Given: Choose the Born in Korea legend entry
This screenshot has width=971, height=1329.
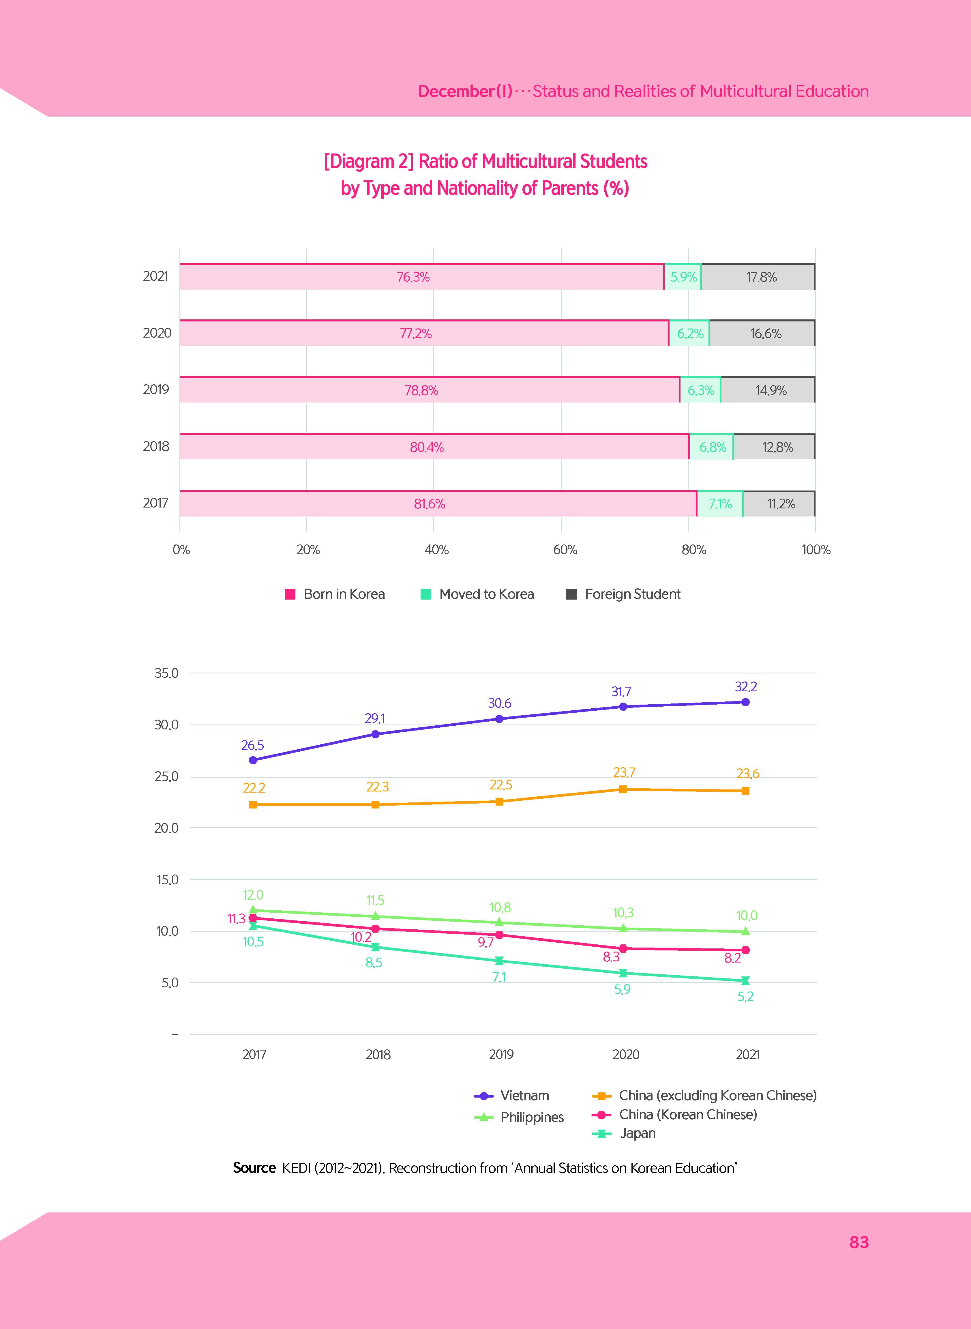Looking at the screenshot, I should pos(335,594).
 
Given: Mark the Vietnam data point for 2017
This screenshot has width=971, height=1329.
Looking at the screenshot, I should pos(253,760).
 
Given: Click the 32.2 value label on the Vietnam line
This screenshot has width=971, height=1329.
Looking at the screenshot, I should pos(745,686).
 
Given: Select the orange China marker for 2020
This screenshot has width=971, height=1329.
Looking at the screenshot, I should pos(623,789).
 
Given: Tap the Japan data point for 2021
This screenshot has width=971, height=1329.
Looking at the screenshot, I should pos(745,980).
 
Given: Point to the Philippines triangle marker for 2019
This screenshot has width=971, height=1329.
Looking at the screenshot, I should pos(499,922).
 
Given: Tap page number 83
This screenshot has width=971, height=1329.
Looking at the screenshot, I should pos(859,1242).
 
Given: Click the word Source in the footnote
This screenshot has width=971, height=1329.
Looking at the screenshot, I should pos(254,1168).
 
